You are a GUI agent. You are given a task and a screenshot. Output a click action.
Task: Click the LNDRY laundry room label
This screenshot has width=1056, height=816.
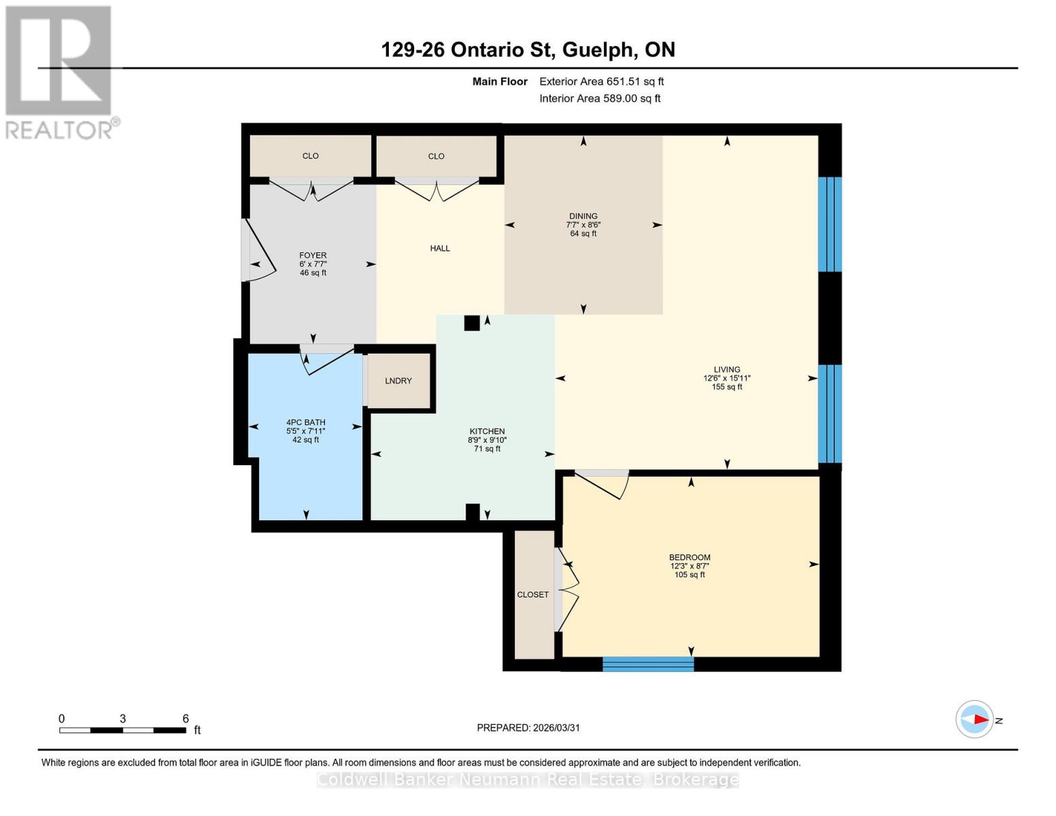[x=398, y=381]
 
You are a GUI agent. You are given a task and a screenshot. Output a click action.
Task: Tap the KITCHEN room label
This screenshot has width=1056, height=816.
[x=487, y=431]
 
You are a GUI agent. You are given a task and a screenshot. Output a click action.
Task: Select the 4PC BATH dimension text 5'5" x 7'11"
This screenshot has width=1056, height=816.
[x=305, y=431]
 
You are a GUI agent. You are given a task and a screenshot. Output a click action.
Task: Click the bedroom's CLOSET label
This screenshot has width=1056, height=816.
[x=532, y=594]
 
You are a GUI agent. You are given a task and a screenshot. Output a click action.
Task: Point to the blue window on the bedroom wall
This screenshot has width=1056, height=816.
[x=647, y=664]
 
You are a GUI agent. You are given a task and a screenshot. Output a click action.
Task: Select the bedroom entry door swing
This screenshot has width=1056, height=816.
[x=602, y=483]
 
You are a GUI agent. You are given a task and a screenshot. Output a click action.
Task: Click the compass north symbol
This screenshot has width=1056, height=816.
[x=975, y=719]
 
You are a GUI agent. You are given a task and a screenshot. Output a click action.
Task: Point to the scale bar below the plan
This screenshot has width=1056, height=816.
[x=122, y=730]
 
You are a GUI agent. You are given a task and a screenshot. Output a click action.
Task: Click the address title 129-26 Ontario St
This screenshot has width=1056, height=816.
[x=528, y=50]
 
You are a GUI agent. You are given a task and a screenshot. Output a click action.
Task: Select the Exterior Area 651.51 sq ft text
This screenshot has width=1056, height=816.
[x=601, y=82]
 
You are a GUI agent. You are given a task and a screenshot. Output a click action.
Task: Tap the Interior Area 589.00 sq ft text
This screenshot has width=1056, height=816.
[x=600, y=99]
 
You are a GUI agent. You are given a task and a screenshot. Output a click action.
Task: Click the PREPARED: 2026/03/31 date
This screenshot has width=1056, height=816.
[x=528, y=728]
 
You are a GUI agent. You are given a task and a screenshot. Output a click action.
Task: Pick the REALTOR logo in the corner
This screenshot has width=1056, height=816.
[x=59, y=71]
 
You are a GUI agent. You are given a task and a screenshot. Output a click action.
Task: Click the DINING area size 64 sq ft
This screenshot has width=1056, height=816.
[x=583, y=233]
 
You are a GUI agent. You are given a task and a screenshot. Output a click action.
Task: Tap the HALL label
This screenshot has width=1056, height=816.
[x=440, y=248]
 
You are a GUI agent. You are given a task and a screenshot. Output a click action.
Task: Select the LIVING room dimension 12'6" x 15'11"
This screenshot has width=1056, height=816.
[x=726, y=378]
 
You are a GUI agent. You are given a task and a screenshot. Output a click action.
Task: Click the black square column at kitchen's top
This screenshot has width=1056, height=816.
[x=472, y=323]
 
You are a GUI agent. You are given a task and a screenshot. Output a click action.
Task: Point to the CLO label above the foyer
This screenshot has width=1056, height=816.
[x=310, y=156]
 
